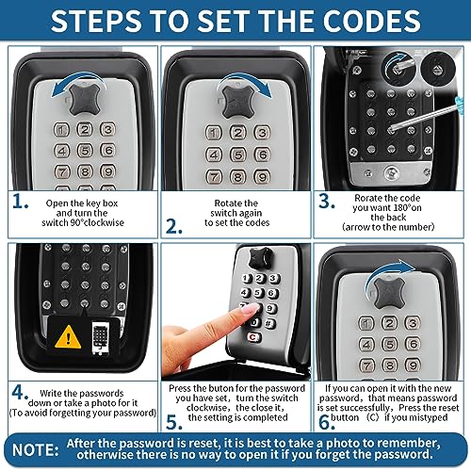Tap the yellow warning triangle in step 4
[x=69, y=334]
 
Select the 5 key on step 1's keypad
[x=83, y=149]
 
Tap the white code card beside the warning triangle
[x=100, y=336]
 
